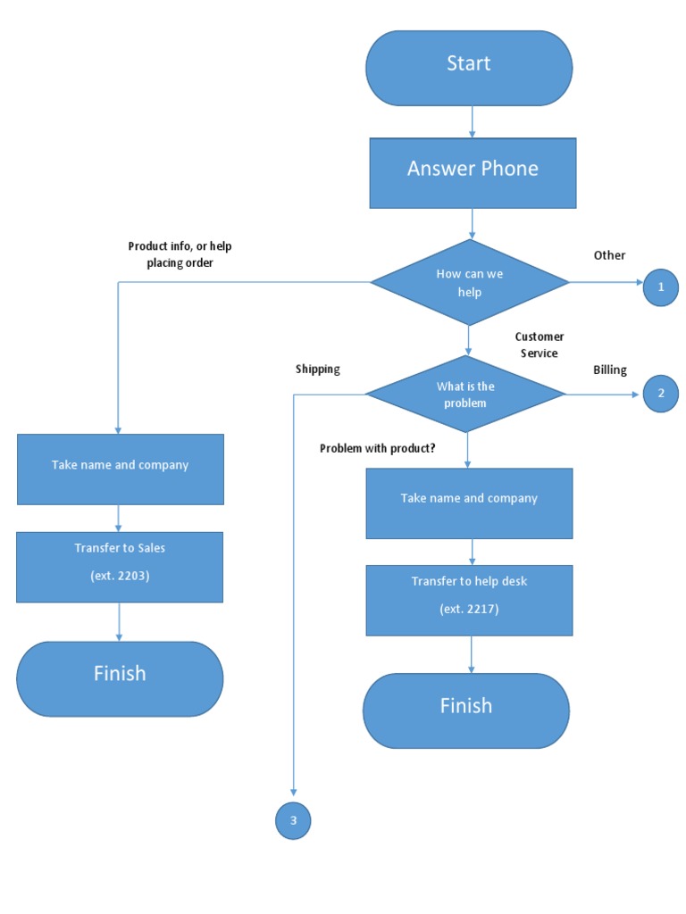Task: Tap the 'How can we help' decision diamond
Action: pos(470,283)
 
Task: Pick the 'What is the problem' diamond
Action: pos(465,395)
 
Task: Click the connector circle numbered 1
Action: pos(661,287)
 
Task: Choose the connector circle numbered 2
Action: pos(661,394)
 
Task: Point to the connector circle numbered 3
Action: pos(293,820)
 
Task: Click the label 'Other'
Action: pos(609,255)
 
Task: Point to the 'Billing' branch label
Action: pos(610,370)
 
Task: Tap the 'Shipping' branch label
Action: pos(318,369)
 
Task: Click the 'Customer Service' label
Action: pos(540,345)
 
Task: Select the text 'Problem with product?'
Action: pos(378,448)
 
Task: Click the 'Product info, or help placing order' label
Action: pos(180,254)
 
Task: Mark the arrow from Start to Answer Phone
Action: pos(472,120)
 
